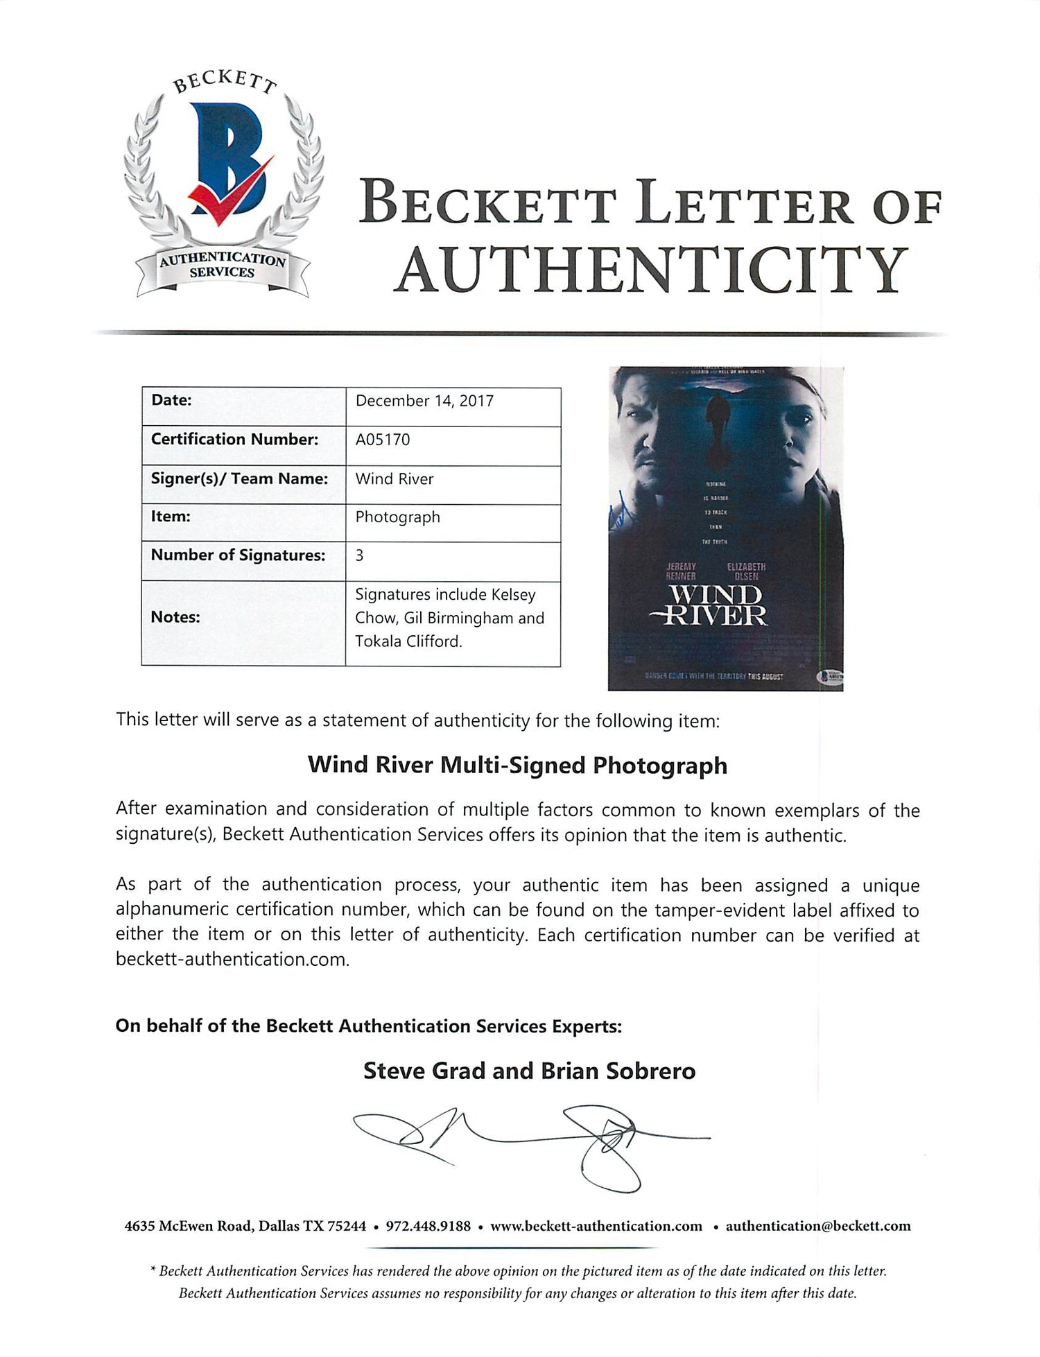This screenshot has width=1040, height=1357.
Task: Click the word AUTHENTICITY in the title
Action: (651, 270)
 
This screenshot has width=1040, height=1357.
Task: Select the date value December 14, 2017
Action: (424, 401)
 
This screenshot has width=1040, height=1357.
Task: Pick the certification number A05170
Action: (383, 440)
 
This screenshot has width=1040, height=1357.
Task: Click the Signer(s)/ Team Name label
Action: (239, 478)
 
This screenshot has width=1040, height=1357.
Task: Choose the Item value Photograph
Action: (397, 517)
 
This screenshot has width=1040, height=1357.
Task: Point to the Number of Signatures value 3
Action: (359, 555)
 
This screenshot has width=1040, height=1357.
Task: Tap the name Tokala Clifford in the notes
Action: (408, 641)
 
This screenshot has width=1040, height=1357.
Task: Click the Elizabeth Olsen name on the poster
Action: (746, 571)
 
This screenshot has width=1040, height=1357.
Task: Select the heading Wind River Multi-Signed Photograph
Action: (517, 765)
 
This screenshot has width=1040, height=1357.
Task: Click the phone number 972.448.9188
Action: (428, 1226)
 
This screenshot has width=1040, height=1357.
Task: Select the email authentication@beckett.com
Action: (818, 1226)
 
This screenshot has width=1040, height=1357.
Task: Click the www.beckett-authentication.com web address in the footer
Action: (596, 1226)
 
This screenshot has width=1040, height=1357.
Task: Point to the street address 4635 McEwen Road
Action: (188, 1226)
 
